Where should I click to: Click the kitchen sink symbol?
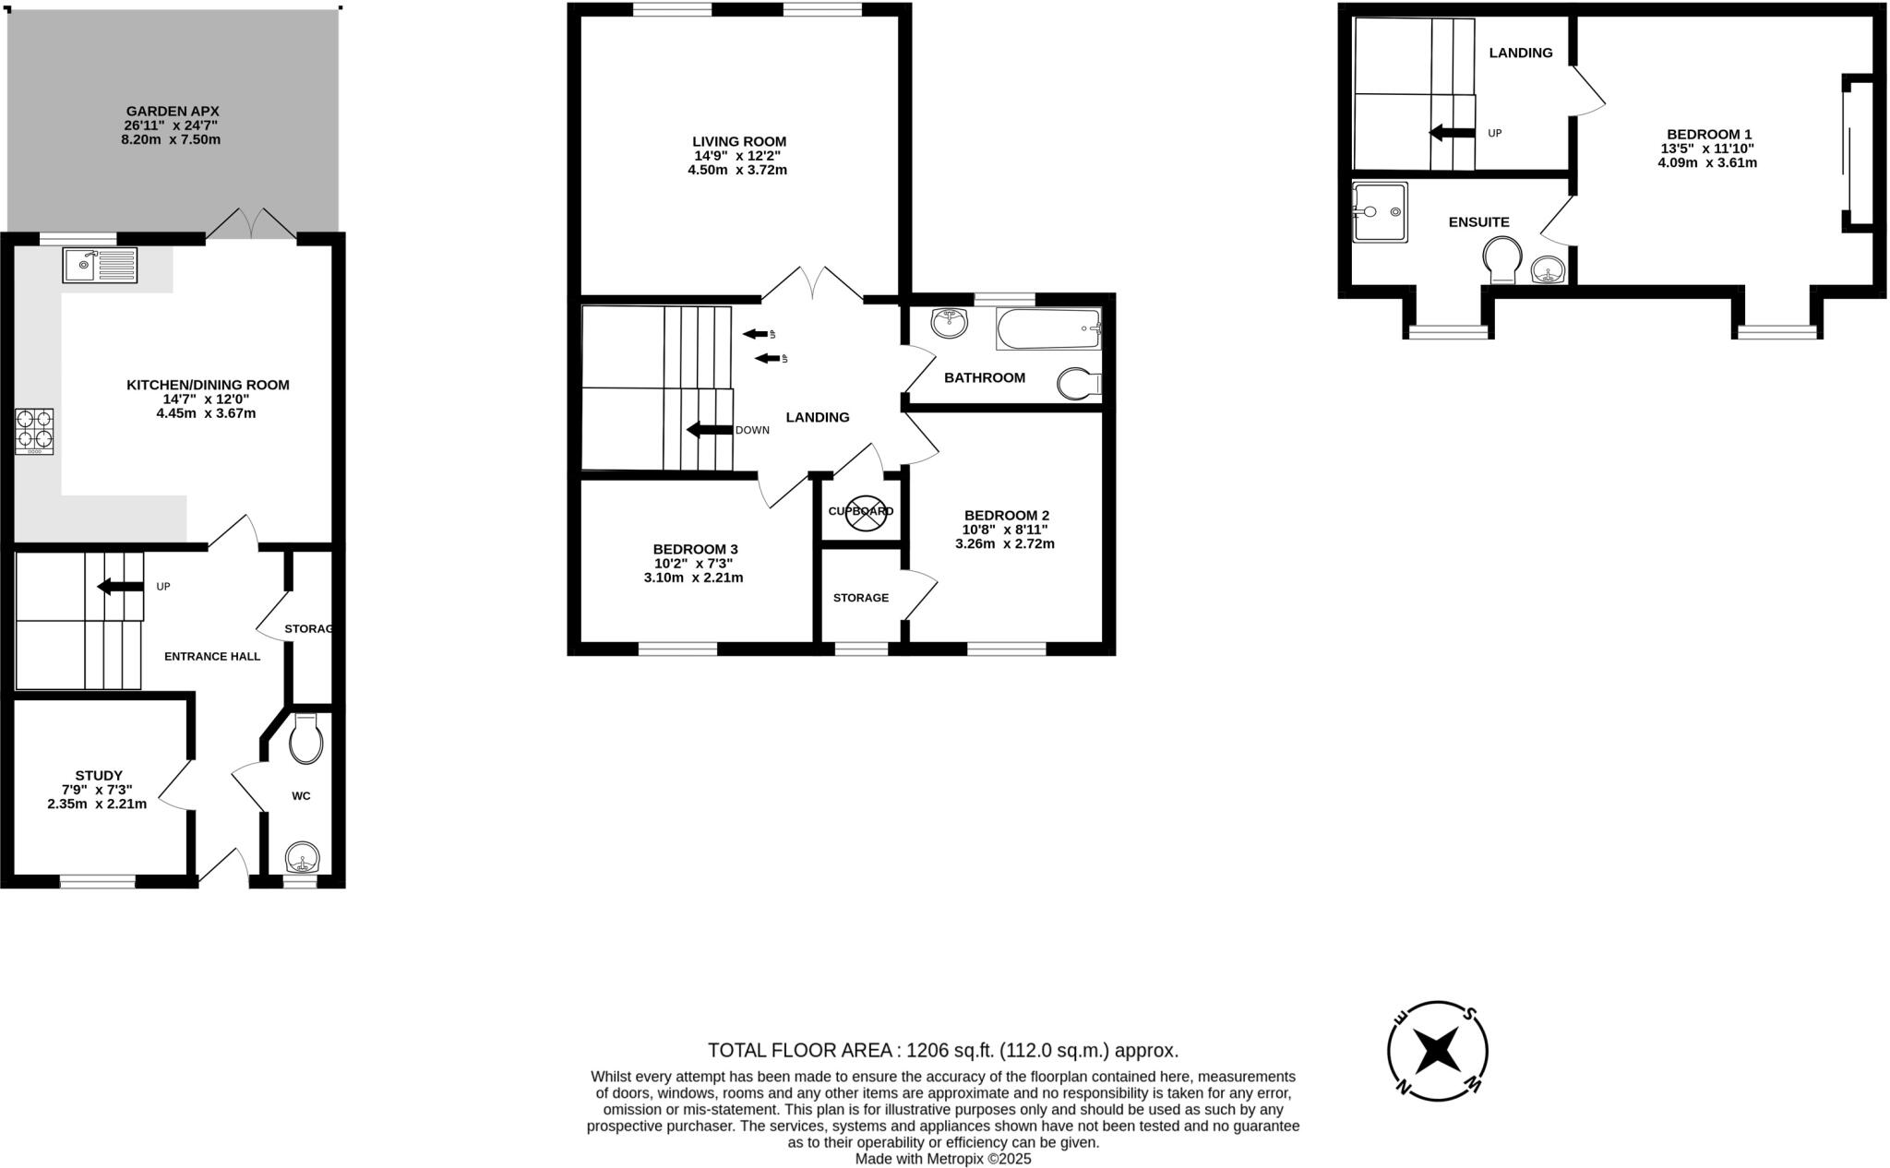pyautogui.click(x=100, y=265)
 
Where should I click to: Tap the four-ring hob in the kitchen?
pyautogui.click(x=34, y=431)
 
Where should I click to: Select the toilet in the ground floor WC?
pyautogui.click(x=305, y=739)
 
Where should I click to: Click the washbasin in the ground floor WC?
pyautogui.click(x=302, y=859)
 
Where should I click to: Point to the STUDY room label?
pyautogui.click(x=99, y=776)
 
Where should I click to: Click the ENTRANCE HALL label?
pyautogui.click(x=212, y=657)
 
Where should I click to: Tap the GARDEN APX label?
pyautogui.click(x=173, y=111)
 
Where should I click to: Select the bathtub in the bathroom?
pyautogui.click(x=1048, y=328)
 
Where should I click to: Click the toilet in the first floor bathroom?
pyautogui.click(x=1078, y=384)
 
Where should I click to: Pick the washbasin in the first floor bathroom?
pyautogui.click(x=949, y=323)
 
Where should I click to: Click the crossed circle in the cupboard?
pyautogui.click(x=865, y=513)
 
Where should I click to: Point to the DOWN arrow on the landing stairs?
pyautogui.click(x=707, y=430)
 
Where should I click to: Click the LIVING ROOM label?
pyautogui.click(x=739, y=141)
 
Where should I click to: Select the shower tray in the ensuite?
pyautogui.click(x=1380, y=212)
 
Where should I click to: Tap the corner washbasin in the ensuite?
pyautogui.click(x=1549, y=270)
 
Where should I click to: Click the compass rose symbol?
pyautogui.click(x=1438, y=1051)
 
